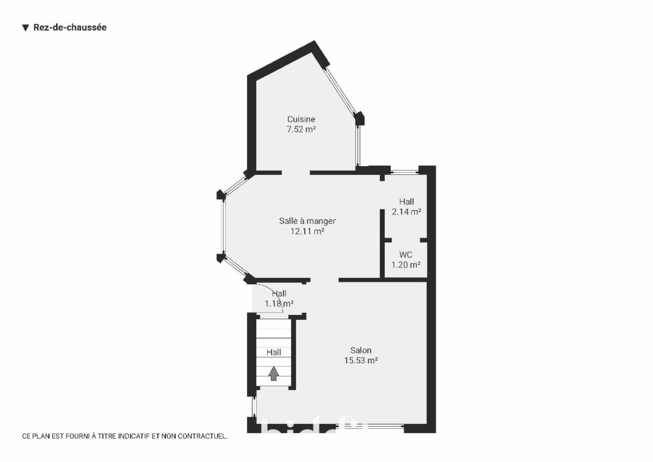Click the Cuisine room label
[x=301, y=119]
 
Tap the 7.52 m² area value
[x=301, y=129]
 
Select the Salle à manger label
[x=307, y=221]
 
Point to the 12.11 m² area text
[x=307, y=231]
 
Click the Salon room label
[x=361, y=350]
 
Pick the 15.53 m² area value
[x=361, y=361]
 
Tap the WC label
[x=406, y=254]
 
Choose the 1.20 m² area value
[x=406, y=265]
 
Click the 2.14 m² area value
[x=406, y=211]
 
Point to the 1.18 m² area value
[x=279, y=304]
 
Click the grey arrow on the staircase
[x=273, y=374]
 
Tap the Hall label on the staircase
[x=274, y=352]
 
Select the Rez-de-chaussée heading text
[x=70, y=27]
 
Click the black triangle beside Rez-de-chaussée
[x=26, y=28]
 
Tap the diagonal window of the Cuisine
[x=340, y=91]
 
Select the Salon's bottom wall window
[x=369, y=427]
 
